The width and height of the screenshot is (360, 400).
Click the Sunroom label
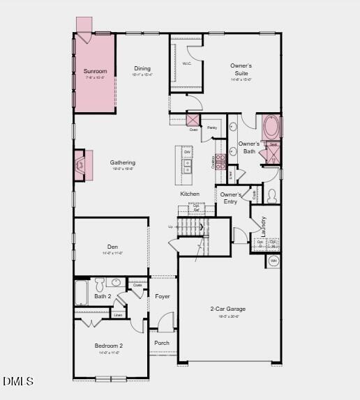[x=95, y=71]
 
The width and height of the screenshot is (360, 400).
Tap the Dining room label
[x=142, y=69]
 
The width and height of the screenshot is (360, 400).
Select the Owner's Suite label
[x=241, y=69]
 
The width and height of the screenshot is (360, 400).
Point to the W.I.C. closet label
[x=186, y=63]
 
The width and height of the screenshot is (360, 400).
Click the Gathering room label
[x=123, y=163]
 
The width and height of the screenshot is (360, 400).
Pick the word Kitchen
[x=190, y=194]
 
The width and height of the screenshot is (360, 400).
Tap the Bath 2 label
[x=103, y=296]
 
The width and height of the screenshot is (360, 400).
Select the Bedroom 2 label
[x=109, y=346]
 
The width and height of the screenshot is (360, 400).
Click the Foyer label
[x=163, y=296]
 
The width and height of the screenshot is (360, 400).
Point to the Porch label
[x=162, y=343]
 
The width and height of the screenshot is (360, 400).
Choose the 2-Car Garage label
[x=228, y=309]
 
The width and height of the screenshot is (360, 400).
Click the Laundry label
[x=263, y=225]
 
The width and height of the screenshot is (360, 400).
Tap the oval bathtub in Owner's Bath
[x=271, y=128]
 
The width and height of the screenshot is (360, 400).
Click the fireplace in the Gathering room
[x=81, y=165]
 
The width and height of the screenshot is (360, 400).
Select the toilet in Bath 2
[x=100, y=284]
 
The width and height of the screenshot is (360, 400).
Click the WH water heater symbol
[x=273, y=262]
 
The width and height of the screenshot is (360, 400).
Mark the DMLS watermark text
[x=18, y=381]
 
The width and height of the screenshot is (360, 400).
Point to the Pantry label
[x=212, y=128]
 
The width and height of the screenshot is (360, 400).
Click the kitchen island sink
[x=187, y=166]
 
